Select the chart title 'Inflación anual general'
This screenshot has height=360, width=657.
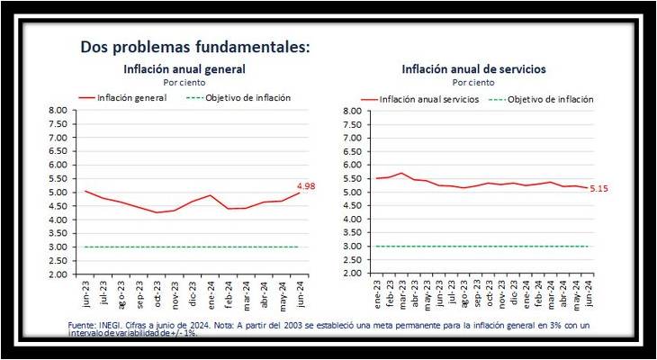(x=184, y=68)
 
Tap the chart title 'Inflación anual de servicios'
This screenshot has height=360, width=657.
(x=473, y=68)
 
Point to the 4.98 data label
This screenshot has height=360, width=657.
(x=308, y=185)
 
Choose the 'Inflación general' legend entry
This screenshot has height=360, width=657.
(x=131, y=97)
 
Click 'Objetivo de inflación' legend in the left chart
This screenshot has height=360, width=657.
(x=247, y=97)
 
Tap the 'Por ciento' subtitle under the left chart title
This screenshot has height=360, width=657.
(x=184, y=81)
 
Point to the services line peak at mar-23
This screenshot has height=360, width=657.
(x=402, y=173)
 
